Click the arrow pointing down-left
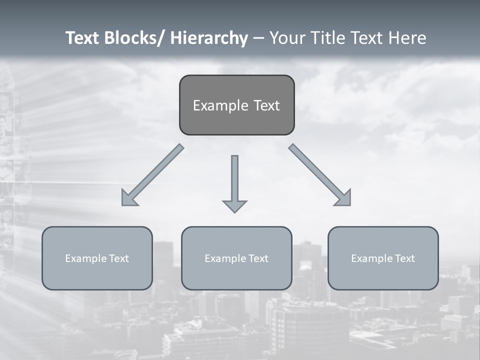(x=152, y=175)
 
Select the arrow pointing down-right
(x=320, y=175)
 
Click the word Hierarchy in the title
(x=209, y=38)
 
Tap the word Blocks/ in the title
(x=135, y=38)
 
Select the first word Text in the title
(x=83, y=38)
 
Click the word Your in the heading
(x=285, y=38)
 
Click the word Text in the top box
(x=266, y=105)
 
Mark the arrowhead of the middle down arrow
(x=234, y=206)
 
